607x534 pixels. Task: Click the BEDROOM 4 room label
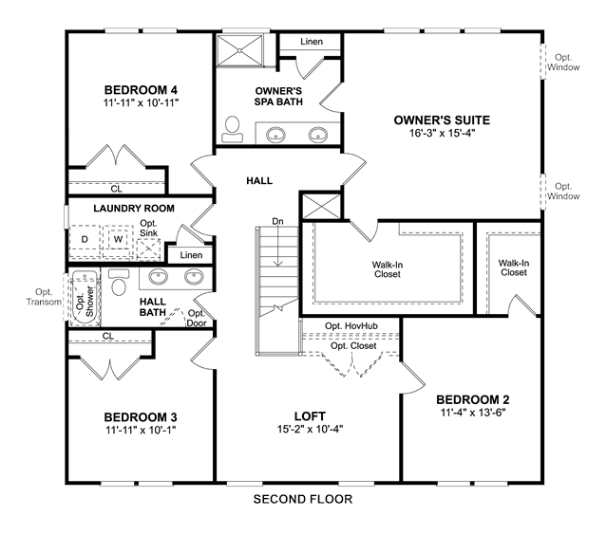click(x=141, y=90)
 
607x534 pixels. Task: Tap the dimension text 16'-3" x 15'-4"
click(x=442, y=133)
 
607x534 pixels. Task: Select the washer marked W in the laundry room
click(x=118, y=239)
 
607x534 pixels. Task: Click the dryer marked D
click(x=85, y=239)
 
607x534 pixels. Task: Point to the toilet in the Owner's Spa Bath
click(x=233, y=129)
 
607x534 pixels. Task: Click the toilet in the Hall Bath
click(x=119, y=283)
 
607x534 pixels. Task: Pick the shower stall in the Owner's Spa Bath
click(x=239, y=50)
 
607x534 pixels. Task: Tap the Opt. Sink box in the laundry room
click(x=148, y=249)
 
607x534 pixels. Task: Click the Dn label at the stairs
click(x=277, y=221)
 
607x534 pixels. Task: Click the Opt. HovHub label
click(x=351, y=326)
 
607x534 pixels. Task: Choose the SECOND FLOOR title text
click(x=303, y=499)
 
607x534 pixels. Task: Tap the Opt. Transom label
click(x=44, y=297)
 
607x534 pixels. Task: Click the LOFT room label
click(x=310, y=416)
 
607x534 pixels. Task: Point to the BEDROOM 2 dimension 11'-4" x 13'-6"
click(x=473, y=413)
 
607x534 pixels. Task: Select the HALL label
click(x=259, y=180)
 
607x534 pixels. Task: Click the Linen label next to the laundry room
click(x=191, y=255)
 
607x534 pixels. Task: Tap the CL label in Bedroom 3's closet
click(x=108, y=336)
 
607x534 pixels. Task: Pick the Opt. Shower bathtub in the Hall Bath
click(x=85, y=297)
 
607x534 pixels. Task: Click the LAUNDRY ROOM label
click(x=134, y=209)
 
